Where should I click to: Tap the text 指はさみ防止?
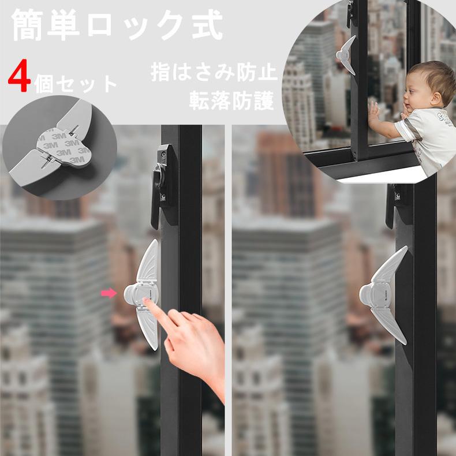pos(214,72)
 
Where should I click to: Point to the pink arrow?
pos(108,293)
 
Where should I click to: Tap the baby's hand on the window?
pos(374,111)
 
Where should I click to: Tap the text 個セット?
pos(75,85)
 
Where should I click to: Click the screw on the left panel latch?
pos(163,155)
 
